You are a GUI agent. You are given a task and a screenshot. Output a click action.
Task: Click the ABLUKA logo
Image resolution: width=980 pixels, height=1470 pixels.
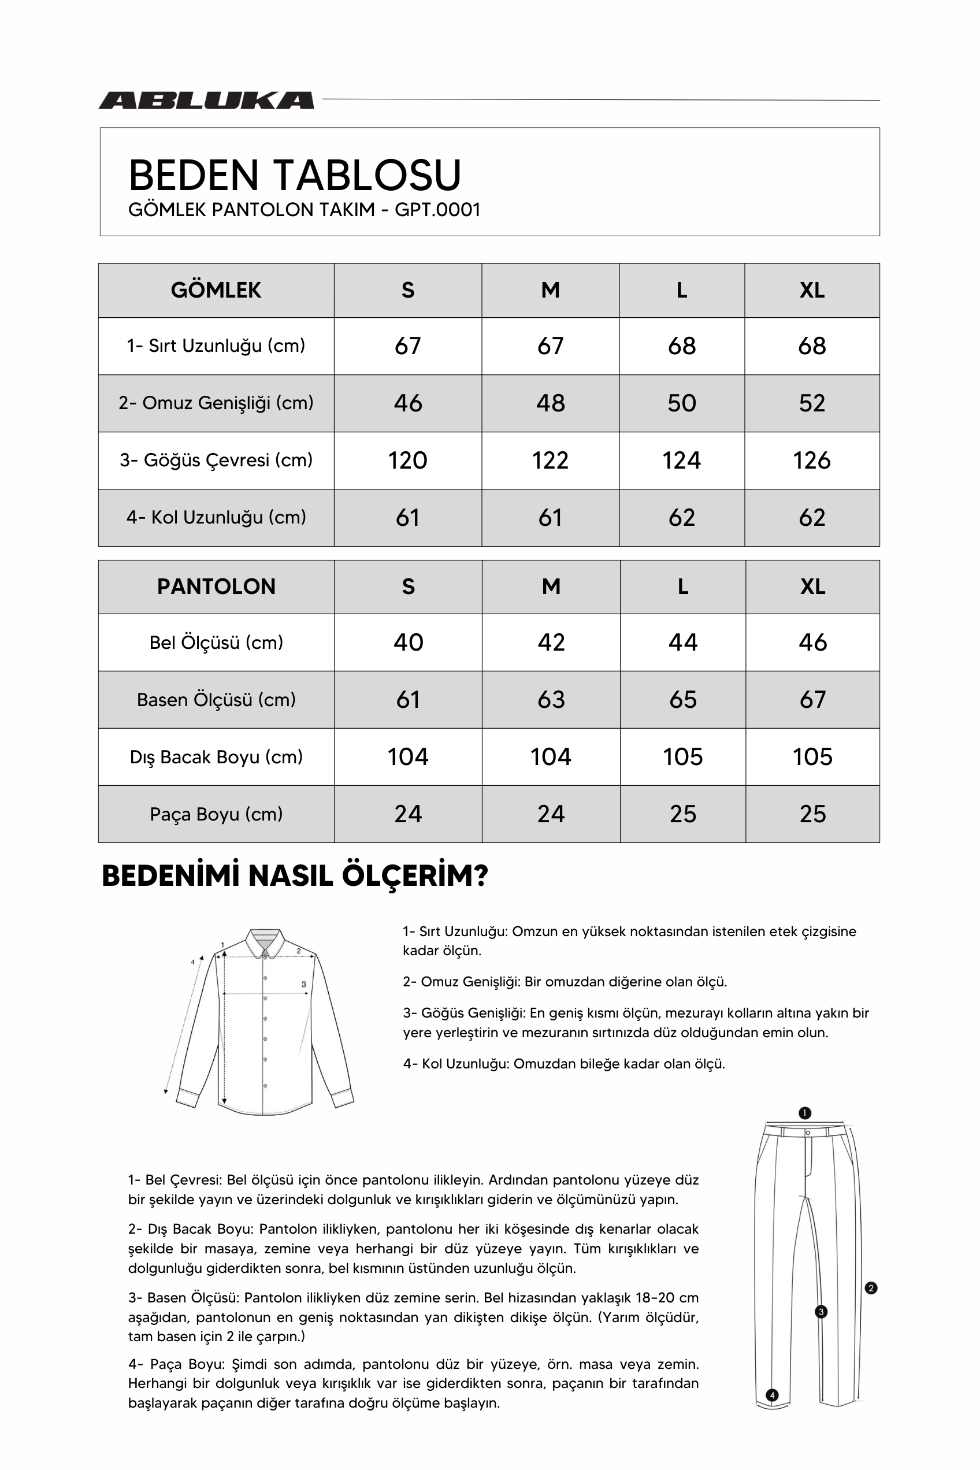coord(206,100)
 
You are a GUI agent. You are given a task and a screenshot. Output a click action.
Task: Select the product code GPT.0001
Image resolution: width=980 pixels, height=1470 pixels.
coord(437,209)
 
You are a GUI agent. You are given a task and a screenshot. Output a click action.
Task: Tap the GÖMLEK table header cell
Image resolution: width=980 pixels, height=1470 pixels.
coord(216,290)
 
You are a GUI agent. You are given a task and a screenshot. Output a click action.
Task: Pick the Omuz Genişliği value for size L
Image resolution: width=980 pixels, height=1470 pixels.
coord(681,403)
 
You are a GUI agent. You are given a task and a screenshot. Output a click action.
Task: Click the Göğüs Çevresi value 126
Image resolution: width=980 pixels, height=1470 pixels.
coord(811,461)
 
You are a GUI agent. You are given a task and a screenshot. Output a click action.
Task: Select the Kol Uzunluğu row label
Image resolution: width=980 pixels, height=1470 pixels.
coord(216,518)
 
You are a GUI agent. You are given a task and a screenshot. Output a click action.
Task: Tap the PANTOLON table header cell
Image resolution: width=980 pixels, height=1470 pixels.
coord(216,586)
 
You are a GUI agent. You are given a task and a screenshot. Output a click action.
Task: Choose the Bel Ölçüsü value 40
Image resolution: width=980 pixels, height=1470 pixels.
coord(408,643)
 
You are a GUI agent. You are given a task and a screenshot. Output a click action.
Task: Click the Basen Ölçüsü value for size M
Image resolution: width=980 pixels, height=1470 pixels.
coord(551,699)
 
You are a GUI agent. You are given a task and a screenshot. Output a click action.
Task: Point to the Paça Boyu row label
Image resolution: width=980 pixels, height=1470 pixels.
coord(216,814)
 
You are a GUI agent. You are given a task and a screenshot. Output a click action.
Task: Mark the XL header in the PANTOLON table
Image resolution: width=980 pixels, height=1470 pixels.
coord(812,586)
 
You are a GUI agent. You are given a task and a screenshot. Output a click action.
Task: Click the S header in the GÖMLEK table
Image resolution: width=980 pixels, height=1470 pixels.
coord(407,290)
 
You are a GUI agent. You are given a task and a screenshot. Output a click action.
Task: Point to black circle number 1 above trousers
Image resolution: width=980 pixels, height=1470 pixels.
coord(804,1113)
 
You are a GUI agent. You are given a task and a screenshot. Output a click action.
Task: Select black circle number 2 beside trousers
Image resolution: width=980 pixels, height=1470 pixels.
coord(871,1288)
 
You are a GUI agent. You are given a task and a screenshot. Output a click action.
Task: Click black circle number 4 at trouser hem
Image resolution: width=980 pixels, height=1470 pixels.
coord(773,1395)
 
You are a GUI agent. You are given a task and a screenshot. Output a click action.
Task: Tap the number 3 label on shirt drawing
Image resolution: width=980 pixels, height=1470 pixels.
coord(304,985)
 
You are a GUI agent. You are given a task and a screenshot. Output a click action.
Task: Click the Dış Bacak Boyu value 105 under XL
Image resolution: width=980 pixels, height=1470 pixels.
coord(812,757)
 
